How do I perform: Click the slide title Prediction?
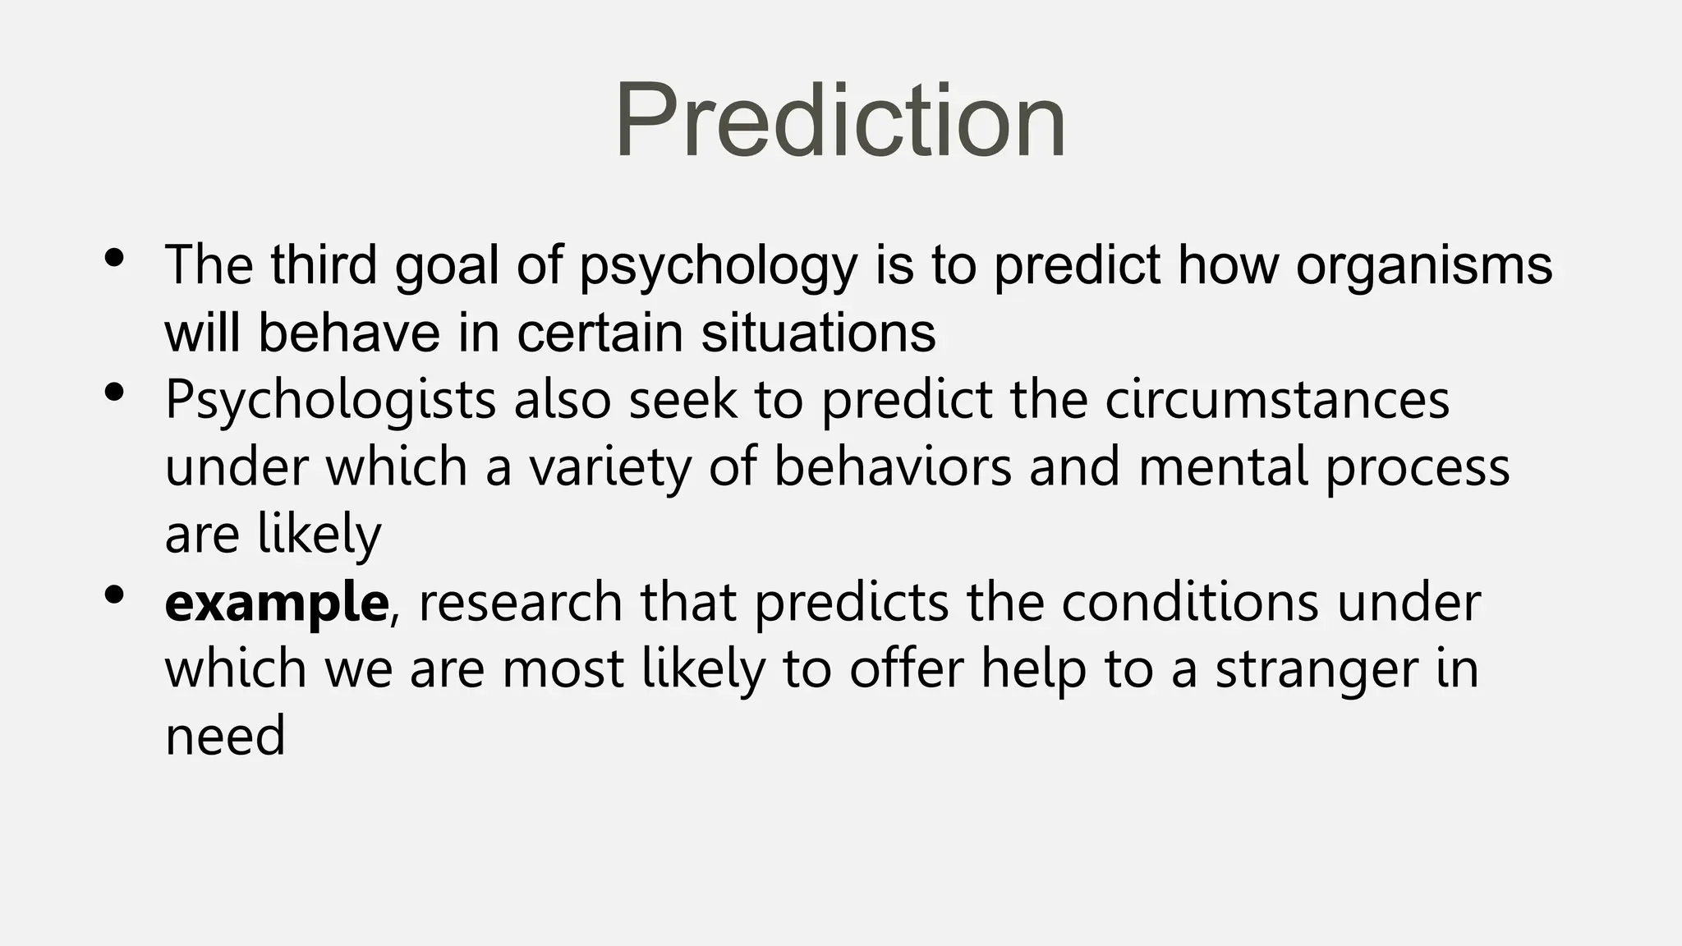coord(839,121)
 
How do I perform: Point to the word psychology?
coord(719,267)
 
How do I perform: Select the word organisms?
coord(1423,267)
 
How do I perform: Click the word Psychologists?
coord(330,401)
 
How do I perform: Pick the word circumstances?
coord(1277,401)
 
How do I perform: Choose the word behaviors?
coord(893,467)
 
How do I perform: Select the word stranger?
coord(1316,670)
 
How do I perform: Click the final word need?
coord(225,737)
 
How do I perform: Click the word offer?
coord(906,668)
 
